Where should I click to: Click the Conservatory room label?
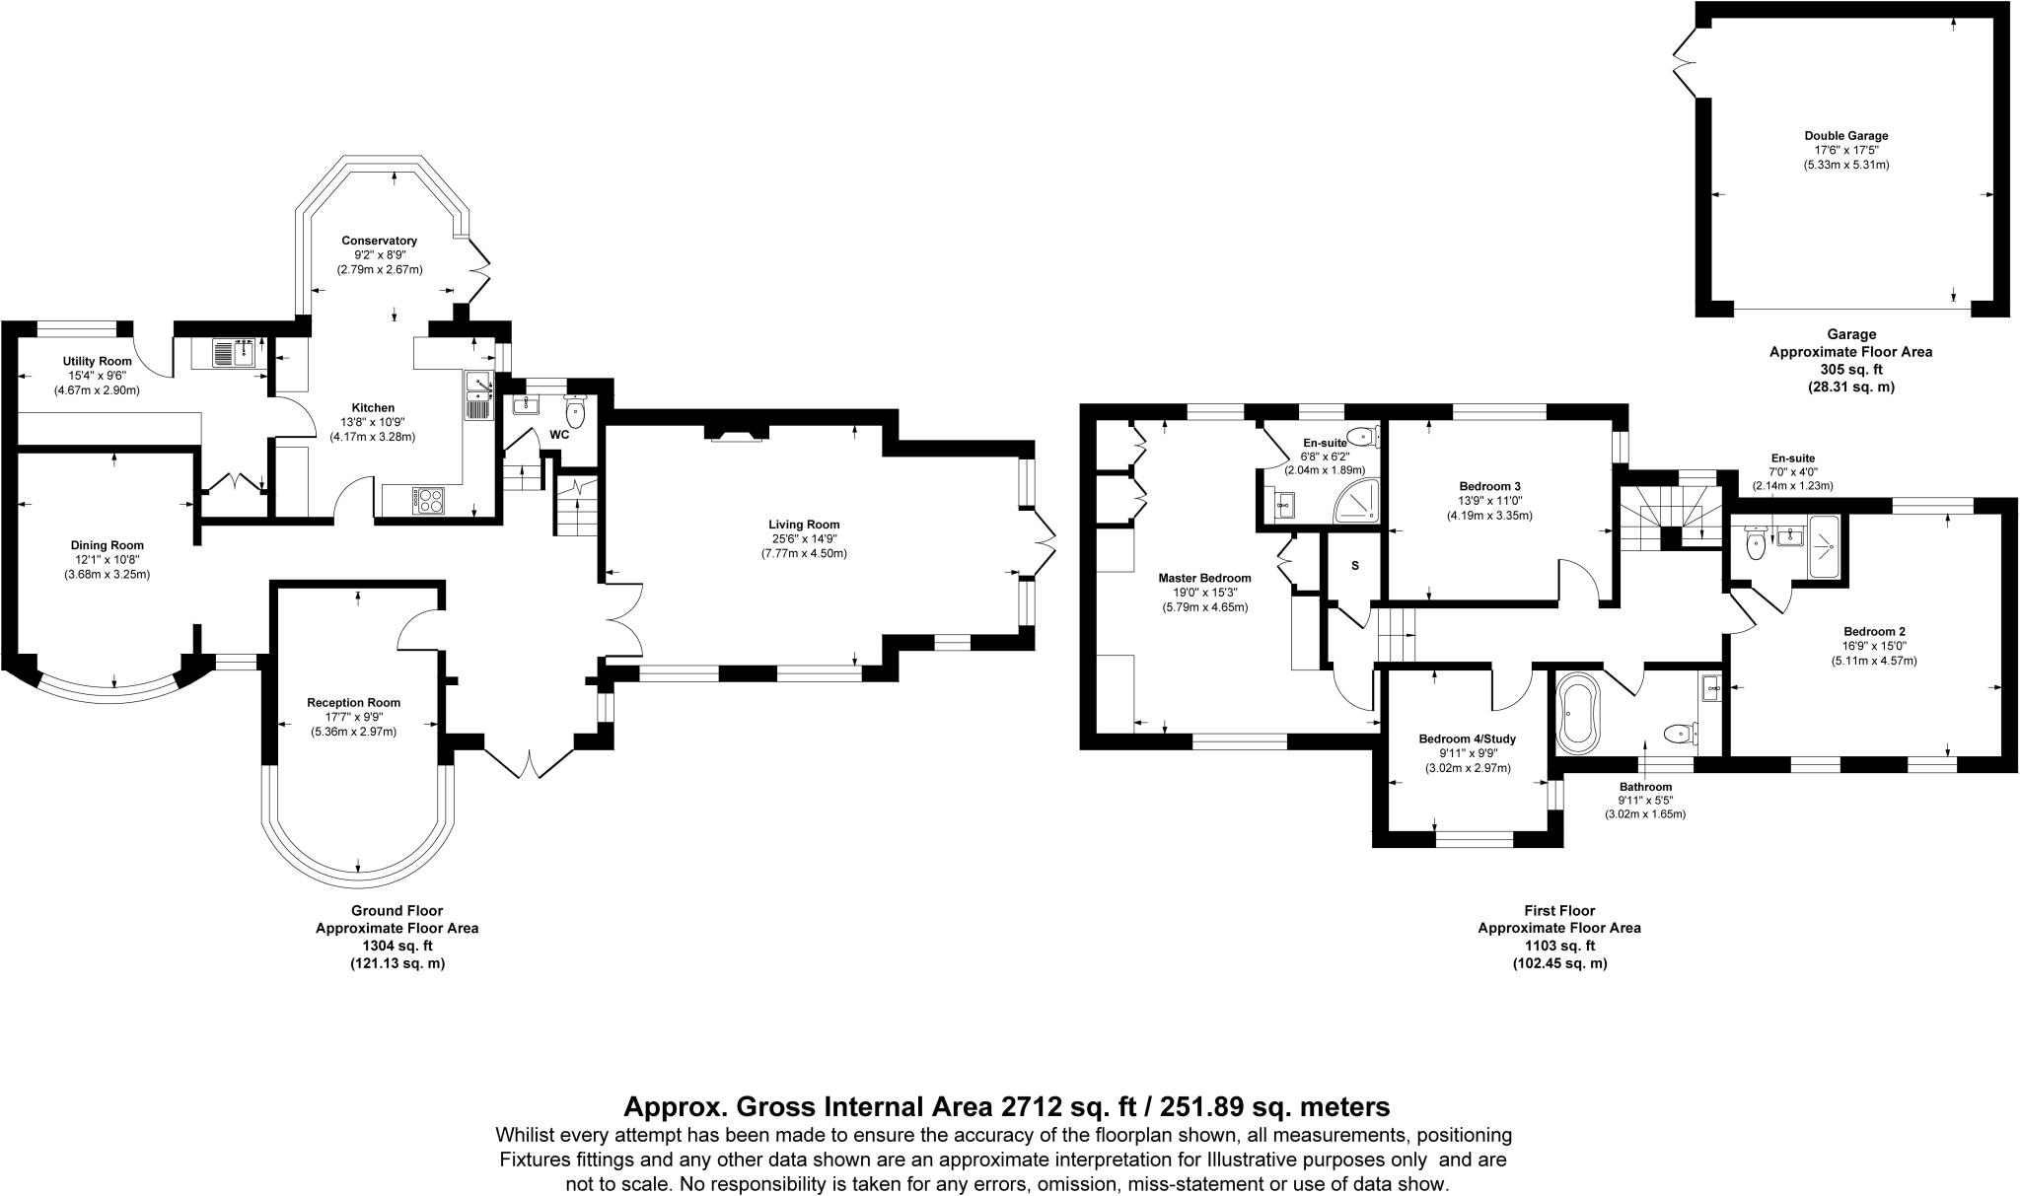[380, 241]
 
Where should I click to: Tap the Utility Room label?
[98, 362]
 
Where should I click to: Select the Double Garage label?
[1846, 136]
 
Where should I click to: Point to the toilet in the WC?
[575, 411]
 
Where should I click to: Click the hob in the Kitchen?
[430, 501]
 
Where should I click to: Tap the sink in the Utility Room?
[235, 353]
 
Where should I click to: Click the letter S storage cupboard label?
[1355, 566]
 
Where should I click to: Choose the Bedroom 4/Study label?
[1468, 739]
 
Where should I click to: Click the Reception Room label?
[353, 703]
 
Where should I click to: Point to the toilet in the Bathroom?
[1680, 733]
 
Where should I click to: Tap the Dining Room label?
[107, 545]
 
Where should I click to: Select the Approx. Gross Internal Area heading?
[1007, 1106]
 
